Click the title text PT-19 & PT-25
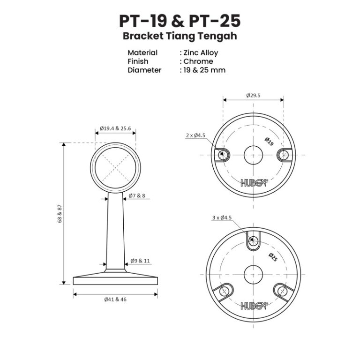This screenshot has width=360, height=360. (x=180, y=21)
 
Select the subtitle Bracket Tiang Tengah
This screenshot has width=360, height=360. (x=180, y=36)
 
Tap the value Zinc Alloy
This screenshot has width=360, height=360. (x=201, y=53)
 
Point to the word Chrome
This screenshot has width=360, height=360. (x=198, y=61)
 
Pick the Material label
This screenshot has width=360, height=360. (x=142, y=53)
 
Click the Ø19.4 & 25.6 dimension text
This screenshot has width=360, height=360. (x=115, y=128)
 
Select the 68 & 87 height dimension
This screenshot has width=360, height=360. (x=60, y=214)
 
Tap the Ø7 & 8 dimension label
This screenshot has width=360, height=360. (x=138, y=195)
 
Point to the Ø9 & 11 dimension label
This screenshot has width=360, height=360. (x=140, y=261)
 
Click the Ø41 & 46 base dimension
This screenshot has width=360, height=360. (x=115, y=300)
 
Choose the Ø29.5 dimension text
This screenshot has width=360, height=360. (x=253, y=95)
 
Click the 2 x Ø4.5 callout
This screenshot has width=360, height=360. (x=196, y=135)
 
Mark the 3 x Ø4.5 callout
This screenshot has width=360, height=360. (x=222, y=217)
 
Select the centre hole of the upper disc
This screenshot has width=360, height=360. (x=253, y=155)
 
